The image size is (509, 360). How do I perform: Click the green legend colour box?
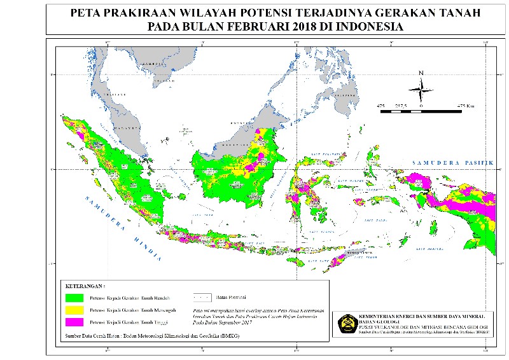click(x=74, y=297)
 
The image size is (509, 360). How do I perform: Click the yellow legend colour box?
click(x=74, y=310)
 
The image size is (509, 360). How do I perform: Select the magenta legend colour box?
click(x=74, y=323)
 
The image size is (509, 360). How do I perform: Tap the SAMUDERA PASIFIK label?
click(x=452, y=163)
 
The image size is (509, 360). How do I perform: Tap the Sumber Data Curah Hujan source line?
click(x=147, y=335)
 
